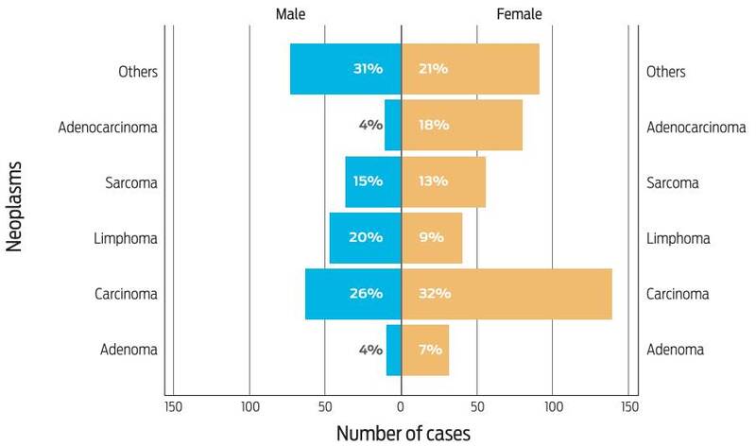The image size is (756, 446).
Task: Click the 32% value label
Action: point(435,294)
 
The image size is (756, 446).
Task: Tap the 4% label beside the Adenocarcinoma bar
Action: point(369,125)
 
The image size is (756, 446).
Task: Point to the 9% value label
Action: point(431,237)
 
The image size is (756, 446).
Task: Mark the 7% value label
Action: point(431,350)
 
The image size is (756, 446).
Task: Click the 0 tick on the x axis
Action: point(401,407)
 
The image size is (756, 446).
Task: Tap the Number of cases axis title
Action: point(403,433)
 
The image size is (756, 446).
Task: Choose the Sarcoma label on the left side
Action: point(131,182)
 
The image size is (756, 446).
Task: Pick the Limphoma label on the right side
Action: point(678,238)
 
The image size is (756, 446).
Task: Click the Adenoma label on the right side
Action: point(675,351)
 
